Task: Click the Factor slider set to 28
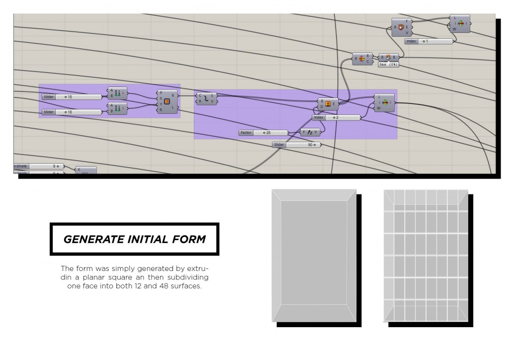click(x=263, y=133)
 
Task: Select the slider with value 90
click(x=296, y=145)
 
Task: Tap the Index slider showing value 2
click(x=336, y=118)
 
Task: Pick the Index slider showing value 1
click(x=428, y=41)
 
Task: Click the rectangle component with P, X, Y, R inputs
click(x=167, y=101)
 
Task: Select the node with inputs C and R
click(x=206, y=98)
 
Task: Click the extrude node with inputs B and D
click(x=328, y=103)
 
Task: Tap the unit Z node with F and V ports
click(x=311, y=133)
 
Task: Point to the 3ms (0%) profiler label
click(x=388, y=65)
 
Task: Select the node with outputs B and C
click(x=362, y=59)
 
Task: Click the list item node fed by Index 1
click(x=460, y=23)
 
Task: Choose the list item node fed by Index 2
click(x=384, y=102)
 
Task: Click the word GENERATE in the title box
click(x=87, y=239)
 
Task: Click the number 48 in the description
click(x=164, y=286)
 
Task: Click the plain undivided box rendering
click(x=314, y=255)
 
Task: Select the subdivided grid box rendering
click(x=426, y=255)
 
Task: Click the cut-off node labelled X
click(x=85, y=170)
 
